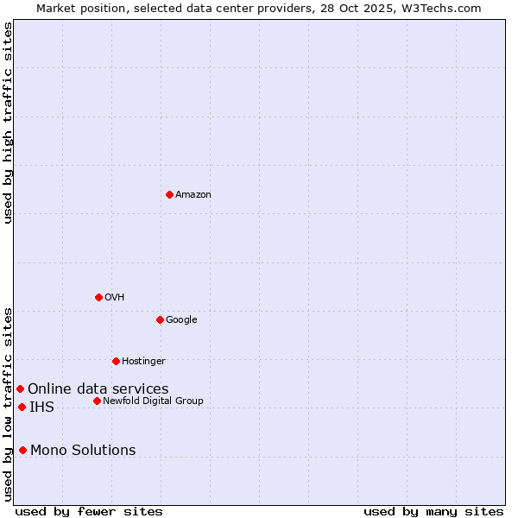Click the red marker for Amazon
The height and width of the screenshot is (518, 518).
169,194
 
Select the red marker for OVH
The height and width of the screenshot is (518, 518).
98,297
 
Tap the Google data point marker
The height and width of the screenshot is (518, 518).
160,319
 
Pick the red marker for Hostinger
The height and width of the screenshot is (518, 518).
116,361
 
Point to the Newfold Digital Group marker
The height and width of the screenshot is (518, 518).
97,401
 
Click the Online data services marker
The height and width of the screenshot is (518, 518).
20,388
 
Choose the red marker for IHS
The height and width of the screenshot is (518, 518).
22,407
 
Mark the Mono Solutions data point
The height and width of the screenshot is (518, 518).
22,450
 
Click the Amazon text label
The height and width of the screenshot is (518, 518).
193,195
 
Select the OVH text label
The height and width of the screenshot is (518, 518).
115,298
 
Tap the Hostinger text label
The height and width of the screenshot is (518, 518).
143,362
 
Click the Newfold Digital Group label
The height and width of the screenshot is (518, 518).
153,401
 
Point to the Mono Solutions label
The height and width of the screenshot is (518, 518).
83,451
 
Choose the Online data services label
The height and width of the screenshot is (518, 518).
98,389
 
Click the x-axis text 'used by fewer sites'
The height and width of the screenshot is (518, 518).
89,512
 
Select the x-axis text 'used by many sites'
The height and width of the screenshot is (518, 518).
433,512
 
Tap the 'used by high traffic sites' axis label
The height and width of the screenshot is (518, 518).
8,123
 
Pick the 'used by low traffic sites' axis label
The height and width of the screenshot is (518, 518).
8,404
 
